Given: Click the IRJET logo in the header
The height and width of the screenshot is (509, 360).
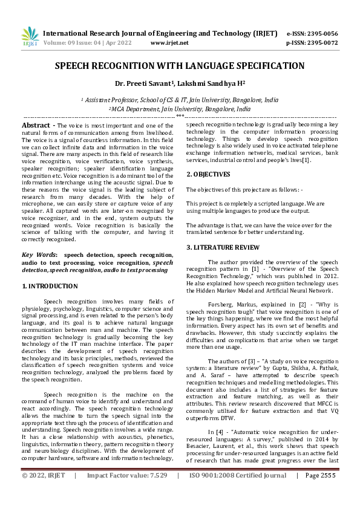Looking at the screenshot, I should tap(30, 36).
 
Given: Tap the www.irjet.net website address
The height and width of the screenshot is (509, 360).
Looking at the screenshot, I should tap(169, 43).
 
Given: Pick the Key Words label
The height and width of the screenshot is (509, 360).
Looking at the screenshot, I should tap(40, 256).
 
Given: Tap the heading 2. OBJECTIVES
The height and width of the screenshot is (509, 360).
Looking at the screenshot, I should tap(208, 174).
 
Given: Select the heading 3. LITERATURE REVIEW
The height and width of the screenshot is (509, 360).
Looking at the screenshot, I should tap(223, 247).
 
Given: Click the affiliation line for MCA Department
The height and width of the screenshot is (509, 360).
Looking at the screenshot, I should tap(180, 109).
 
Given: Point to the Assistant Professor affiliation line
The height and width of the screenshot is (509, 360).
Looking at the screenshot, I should tap(180, 100).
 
